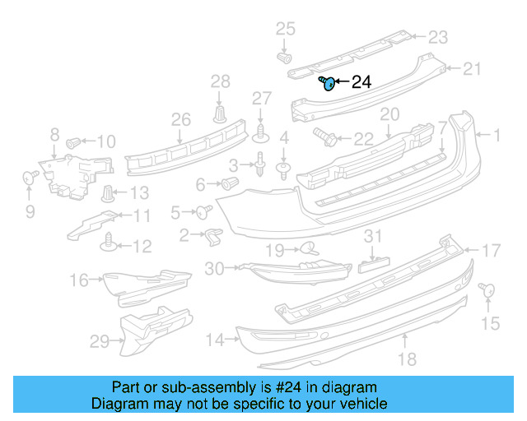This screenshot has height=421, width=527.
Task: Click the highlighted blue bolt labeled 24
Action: (x=328, y=82)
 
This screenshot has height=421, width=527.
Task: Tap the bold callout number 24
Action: (x=361, y=82)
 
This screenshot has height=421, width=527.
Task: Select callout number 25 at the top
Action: (x=284, y=30)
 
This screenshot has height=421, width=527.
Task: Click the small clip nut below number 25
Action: (x=286, y=58)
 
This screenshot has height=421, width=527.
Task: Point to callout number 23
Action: (x=437, y=36)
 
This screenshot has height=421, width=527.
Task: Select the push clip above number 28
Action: (x=220, y=113)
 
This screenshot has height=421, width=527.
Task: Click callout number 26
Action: (x=180, y=120)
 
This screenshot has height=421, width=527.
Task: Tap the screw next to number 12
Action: (x=108, y=241)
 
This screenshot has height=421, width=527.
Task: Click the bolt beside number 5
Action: (x=201, y=212)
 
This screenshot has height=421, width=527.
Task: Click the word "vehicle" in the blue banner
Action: (x=361, y=404)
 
